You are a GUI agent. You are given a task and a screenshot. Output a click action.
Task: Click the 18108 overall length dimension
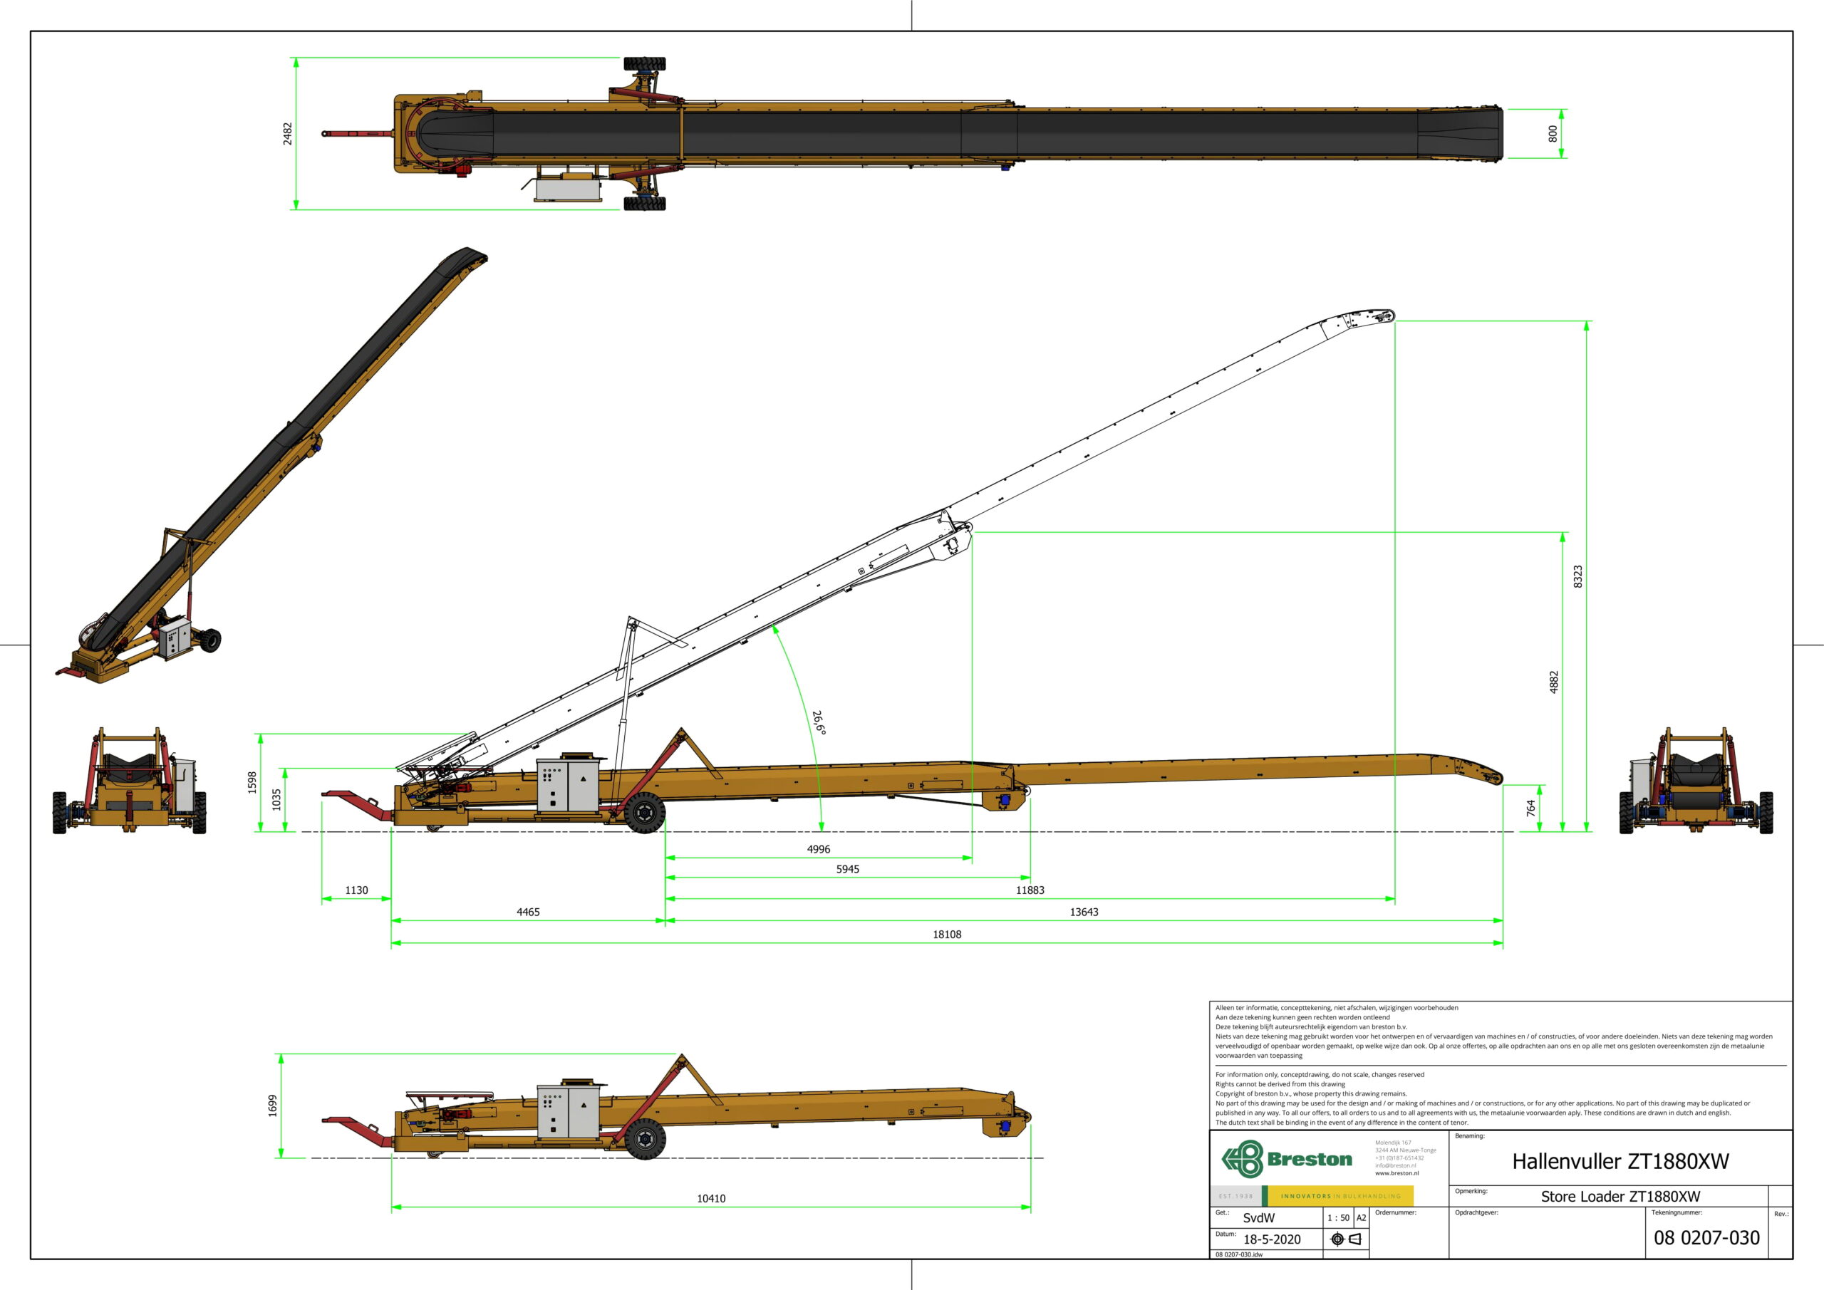[946, 934]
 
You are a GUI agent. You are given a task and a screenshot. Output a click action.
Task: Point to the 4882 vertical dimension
[1554, 682]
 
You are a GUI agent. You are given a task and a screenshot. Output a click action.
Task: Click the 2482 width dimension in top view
[288, 133]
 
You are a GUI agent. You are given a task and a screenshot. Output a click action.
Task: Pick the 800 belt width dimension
[1553, 133]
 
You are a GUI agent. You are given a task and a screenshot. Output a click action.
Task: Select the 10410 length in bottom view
[711, 1199]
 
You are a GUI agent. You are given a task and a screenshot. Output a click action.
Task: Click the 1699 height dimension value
[272, 1105]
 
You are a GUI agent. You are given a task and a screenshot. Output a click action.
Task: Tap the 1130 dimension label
[357, 890]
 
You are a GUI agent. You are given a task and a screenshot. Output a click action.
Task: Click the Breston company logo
[1286, 1159]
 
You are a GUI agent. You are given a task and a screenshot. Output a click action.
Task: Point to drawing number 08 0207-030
[1706, 1237]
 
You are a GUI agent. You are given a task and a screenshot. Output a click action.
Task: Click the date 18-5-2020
[1272, 1239]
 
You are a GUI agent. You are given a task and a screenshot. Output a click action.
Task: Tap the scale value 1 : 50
[1339, 1218]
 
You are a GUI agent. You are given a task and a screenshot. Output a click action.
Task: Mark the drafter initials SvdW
[1259, 1218]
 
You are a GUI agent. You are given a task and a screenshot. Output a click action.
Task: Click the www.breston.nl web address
[1396, 1173]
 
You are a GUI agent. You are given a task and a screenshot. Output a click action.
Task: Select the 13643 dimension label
[1084, 912]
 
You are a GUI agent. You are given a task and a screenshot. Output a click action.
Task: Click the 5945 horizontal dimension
[848, 869]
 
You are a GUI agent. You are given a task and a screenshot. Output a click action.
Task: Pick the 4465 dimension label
[528, 912]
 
